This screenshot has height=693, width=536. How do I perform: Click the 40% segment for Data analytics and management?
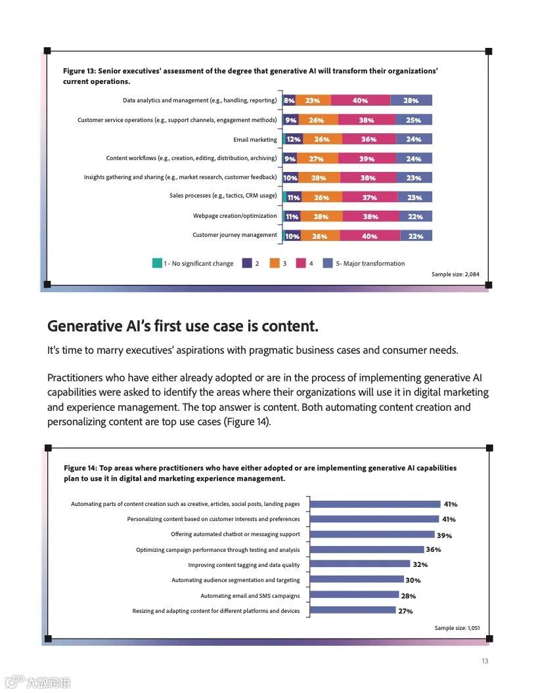tap(360, 100)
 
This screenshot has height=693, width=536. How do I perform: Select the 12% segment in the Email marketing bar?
tap(294, 139)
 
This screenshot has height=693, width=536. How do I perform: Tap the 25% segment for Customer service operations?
tap(413, 120)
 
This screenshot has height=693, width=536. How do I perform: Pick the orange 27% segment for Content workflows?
tap(316, 159)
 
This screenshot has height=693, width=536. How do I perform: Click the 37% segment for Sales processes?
tap(369, 197)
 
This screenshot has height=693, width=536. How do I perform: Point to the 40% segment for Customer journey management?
tap(369, 236)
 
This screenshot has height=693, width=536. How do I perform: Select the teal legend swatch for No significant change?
tap(157, 263)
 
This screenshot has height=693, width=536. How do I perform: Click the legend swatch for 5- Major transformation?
tap(328, 263)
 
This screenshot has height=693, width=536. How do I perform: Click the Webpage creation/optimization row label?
tap(234, 216)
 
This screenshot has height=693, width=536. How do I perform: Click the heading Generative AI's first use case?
tap(183, 326)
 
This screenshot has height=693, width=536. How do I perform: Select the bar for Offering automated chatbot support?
tap(372, 534)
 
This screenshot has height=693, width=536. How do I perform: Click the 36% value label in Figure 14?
tap(433, 550)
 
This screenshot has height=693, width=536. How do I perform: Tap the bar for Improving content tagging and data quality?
tap(359, 564)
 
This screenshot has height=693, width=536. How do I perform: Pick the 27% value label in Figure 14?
tap(405, 611)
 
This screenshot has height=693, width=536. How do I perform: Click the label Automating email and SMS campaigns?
tap(250, 596)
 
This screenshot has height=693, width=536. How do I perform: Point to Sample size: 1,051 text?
tap(457, 628)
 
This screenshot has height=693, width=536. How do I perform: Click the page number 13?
tap(485, 661)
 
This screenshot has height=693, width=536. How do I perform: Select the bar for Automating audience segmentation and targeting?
tap(356, 579)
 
